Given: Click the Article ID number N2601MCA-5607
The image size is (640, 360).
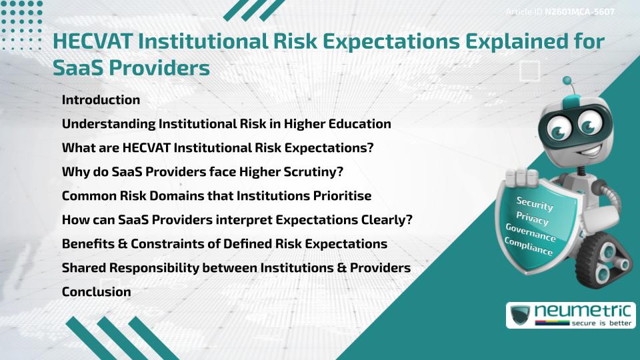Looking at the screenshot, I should [x=579, y=13].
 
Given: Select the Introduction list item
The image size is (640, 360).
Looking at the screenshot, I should [x=101, y=100].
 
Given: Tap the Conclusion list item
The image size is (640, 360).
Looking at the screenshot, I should [x=96, y=291].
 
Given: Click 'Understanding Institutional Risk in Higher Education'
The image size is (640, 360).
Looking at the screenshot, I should [x=226, y=124].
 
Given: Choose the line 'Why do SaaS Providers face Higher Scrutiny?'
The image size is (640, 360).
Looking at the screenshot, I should [x=202, y=172].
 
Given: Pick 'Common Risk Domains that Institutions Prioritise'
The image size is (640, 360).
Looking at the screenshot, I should [x=216, y=196].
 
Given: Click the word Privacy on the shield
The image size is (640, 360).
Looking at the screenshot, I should [x=533, y=218].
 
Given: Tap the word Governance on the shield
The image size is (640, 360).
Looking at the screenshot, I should [x=531, y=233].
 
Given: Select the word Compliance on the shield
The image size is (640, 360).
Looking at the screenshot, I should [x=529, y=247].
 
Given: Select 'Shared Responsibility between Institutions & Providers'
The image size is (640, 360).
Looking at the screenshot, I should [x=235, y=267].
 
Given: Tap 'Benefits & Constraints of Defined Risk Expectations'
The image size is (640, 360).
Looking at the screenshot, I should [x=224, y=243].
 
